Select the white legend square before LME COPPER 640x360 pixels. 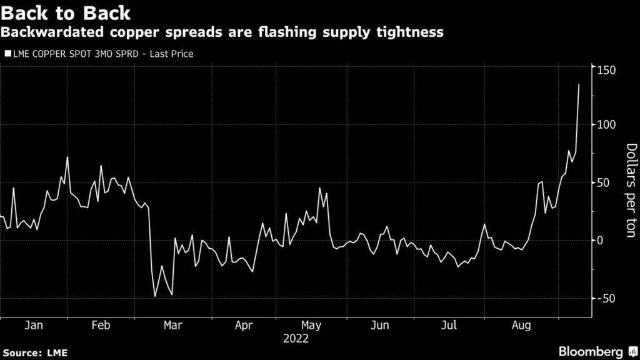7,54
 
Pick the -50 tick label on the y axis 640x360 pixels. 606,298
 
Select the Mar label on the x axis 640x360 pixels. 172,326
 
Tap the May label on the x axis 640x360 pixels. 311,326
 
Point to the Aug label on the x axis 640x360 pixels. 521,326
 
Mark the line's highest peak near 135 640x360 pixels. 579,84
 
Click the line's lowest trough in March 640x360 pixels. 155,296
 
